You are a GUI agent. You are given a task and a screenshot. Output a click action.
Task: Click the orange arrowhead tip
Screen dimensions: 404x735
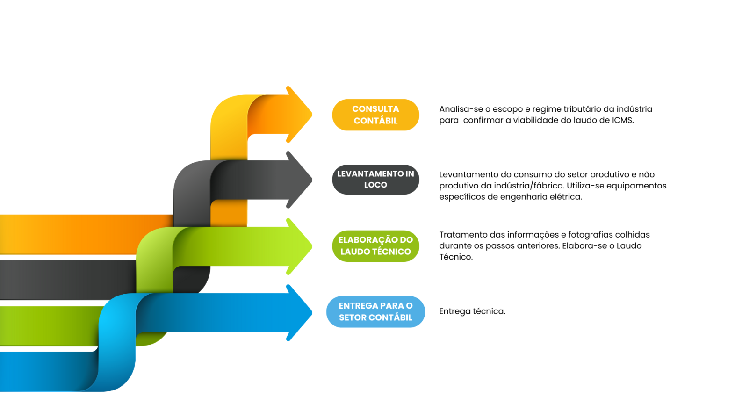(310, 115)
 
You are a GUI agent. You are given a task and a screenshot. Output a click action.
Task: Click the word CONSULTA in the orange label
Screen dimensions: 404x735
(375, 109)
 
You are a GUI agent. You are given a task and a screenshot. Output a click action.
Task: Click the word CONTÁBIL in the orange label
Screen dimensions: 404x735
(375, 121)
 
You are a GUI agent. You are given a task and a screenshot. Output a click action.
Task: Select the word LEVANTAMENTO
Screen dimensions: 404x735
(370, 173)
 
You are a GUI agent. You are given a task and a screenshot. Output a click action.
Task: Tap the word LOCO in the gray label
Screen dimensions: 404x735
(375, 185)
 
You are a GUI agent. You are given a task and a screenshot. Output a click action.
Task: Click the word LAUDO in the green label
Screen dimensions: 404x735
(355, 252)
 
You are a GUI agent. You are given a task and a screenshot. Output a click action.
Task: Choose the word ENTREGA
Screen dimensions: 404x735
(358, 306)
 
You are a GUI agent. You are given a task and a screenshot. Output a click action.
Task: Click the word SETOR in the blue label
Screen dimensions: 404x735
(352, 317)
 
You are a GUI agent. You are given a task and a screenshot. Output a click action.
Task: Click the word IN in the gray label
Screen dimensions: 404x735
(410, 173)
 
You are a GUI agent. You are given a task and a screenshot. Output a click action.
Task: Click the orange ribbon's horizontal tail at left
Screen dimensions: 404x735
(70, 234)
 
